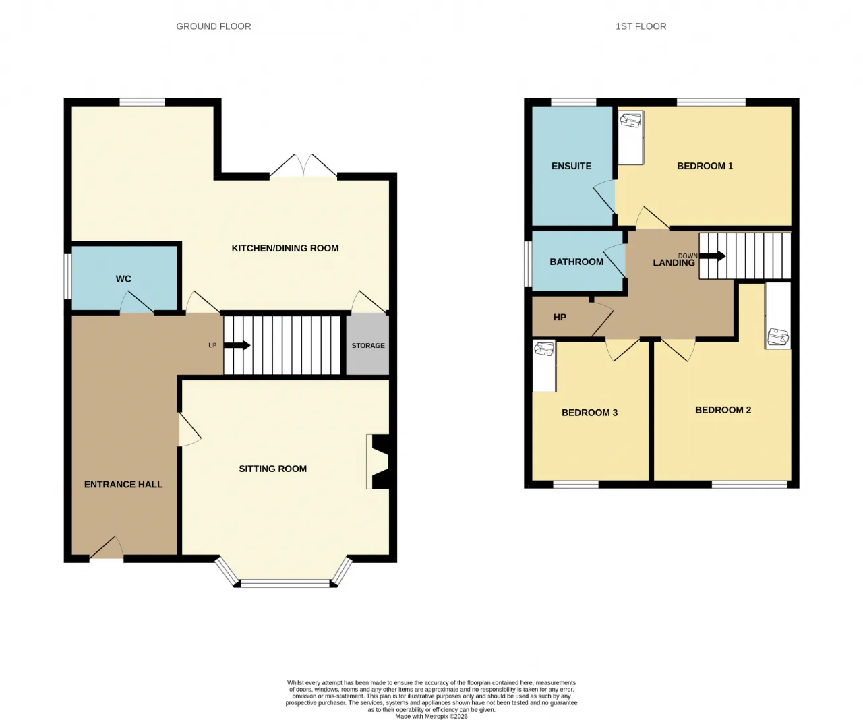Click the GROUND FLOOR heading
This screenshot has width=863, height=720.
click(x=213, y=26)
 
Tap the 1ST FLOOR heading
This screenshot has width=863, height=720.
click(x=641, y=26)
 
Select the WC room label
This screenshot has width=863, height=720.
click(x=123, y=279)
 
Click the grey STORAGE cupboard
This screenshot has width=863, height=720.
click(x=367, y=344)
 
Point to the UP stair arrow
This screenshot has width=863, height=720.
click(x=237, y=345)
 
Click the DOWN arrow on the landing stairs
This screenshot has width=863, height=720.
click(x=712, y=256)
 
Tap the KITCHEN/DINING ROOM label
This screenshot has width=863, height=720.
click(x=285, y=248)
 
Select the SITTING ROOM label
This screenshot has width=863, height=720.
click(x=273, y=469)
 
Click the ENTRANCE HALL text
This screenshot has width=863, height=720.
click(x=123, y=485)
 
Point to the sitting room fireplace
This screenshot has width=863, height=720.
click(x=380, y=462)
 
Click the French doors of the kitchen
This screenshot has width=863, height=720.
click(x=303, y=166)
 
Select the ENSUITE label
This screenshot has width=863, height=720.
click(x=571, y=166)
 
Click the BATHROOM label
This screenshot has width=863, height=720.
click(x=576, y=262)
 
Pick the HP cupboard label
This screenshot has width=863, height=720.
click(x=560, y=318)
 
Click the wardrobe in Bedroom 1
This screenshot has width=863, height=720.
click(x=630, y=138)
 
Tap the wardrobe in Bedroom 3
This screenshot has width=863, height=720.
click(x=544, y=366)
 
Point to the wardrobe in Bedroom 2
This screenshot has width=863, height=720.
click(x=778, y=316)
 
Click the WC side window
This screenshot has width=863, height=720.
click(x=68, y=276)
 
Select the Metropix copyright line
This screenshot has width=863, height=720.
click(x=431, y=716)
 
